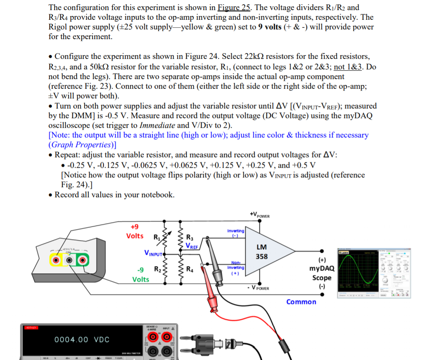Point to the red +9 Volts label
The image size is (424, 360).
(x=135, y=232)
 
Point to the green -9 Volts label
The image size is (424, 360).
(x=140, y=274)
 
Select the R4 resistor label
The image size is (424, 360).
(x=190, y=269)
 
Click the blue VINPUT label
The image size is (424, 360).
(x=154, y=254)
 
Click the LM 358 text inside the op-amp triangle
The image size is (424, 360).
(x=262, y=251)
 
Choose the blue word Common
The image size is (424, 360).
(x=301, y=302)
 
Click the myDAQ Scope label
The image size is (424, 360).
(x=322, y=273)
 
